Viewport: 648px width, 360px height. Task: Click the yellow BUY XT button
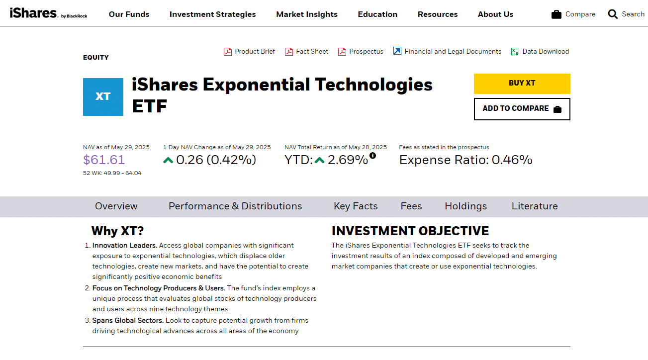522,84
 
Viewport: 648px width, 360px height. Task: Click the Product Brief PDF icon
228,52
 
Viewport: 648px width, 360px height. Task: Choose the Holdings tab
466,206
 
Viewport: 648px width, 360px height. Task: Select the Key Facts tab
356,206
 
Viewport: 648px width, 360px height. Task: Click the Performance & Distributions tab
235,206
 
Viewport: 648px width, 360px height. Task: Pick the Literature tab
535,206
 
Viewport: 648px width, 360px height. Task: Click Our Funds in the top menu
129,14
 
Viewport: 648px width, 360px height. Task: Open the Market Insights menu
307,14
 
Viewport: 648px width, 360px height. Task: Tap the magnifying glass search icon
613,14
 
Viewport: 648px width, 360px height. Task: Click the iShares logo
48,13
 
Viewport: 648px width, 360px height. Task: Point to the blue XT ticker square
103,97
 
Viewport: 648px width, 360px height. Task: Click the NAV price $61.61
104,160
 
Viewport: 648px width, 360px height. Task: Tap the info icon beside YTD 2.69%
372,156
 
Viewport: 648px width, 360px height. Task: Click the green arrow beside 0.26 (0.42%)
168,160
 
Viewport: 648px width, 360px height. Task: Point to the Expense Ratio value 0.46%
512,160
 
